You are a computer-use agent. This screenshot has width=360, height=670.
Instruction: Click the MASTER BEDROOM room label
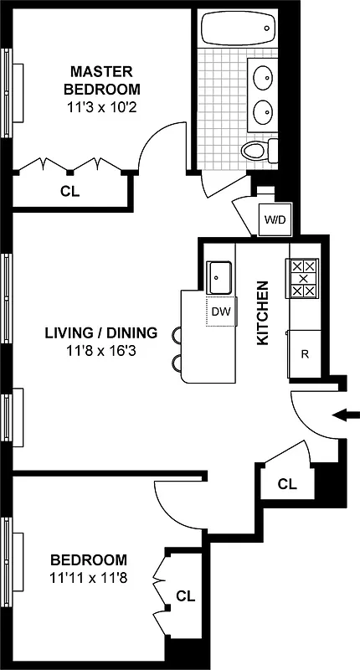tap(105, 80)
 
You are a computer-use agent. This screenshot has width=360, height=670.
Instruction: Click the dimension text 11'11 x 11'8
tap(89, 577)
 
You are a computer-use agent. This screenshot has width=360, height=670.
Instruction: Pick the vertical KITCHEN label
tap(262, 313)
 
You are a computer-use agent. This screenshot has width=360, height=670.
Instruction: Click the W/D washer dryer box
tap(275, 220)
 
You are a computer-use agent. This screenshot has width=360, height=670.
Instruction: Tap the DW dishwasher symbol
tap(220, 312)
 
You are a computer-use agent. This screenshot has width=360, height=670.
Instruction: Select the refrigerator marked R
tap(305, 353)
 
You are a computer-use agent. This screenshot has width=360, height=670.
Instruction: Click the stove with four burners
tap(303, 278)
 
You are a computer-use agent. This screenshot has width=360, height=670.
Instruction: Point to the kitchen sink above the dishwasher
tap(220, 276)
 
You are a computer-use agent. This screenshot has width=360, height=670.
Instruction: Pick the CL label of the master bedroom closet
tap(69, 191)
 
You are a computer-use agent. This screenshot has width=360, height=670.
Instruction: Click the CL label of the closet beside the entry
tap(287, 484)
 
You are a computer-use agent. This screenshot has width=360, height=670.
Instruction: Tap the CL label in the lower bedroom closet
tap(185, 596)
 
